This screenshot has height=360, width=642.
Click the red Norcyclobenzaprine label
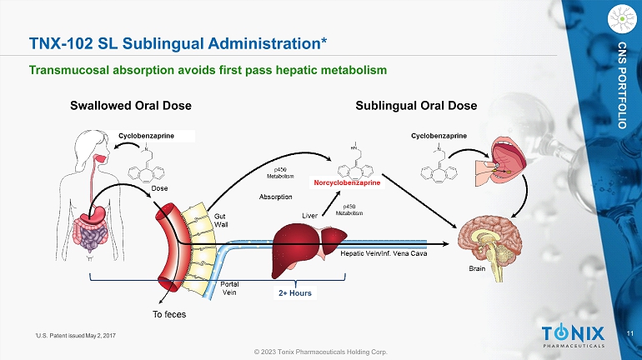[347, 182]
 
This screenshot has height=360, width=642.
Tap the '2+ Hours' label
[295, 292]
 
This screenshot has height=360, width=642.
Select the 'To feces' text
[169, 314]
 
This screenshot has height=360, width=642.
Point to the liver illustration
[308, 248]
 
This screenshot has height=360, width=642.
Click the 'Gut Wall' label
[221, 220]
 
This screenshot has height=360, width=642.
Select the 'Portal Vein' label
[229, 288]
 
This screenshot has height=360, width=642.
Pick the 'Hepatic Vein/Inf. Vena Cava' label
[384, 253]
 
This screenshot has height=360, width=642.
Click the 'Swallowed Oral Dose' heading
[131, 106]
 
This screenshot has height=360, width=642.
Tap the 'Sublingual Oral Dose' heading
[416, 106]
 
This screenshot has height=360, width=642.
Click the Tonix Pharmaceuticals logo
[573, 336]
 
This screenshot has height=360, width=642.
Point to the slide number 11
[630, 333]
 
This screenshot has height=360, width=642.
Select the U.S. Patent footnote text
[76, 336]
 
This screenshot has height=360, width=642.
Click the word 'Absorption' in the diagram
[275, 197]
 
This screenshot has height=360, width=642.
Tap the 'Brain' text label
[477, 268]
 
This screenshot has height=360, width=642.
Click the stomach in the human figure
[97, 213]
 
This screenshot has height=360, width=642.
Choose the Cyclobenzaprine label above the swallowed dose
[146, 136]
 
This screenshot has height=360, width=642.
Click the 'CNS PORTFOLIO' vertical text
[622, 85]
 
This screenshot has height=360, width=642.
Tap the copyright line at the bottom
[321, 352]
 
